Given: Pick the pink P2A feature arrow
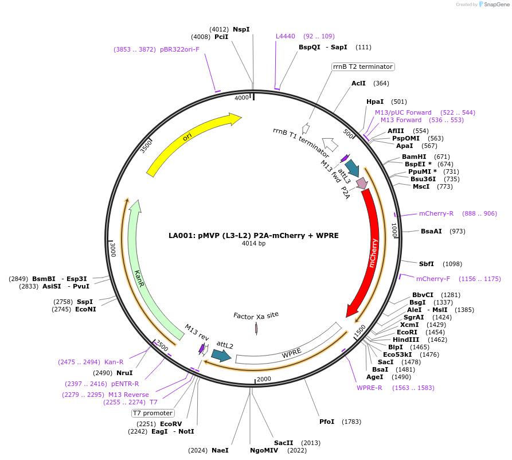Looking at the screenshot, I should coord(362,184).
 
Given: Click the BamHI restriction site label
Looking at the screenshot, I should coord(414,157).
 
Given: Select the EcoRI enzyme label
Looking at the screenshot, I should coord(407,332).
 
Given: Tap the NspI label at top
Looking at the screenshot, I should coord(241,29).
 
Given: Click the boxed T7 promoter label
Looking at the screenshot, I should coord(153,413).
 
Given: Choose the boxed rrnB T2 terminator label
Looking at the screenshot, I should coord(363,67).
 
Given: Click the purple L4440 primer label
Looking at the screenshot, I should coord(286,36).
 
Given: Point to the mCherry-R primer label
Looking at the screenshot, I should coord(436,213).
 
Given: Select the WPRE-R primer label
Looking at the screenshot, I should coord(369,388).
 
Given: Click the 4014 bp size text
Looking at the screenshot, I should coord(253,243).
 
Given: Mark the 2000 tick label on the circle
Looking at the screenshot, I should coord(264,379).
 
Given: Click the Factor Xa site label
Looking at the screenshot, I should coord(256,315).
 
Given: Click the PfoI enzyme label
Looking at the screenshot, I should coord(327,422).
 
